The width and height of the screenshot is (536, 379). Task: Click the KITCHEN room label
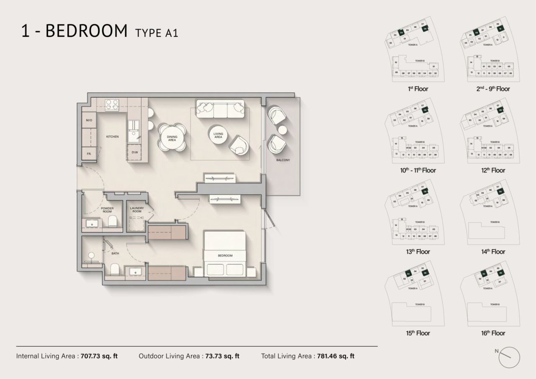[112, 137]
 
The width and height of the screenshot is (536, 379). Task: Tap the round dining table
[172, 137]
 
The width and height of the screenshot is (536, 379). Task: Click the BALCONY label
[283, 160]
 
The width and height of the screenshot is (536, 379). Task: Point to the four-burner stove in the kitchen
[111, 104]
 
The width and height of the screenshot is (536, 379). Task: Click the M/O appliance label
[89, 121]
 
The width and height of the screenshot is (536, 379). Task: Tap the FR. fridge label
[89, 154]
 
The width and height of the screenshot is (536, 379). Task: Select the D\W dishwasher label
[135, 152]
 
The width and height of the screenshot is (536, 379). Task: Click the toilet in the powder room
[112, 221]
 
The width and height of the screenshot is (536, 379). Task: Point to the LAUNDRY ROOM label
[137, 210]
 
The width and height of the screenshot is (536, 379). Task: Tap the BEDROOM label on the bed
[225, 255]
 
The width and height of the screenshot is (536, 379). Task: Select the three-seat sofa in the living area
[220, 108]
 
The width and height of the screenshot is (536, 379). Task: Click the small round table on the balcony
[283, 129]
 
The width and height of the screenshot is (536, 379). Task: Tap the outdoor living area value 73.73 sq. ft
[222, 356]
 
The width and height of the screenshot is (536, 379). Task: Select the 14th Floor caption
[493, 252]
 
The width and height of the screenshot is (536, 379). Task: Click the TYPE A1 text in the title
[157, 33]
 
